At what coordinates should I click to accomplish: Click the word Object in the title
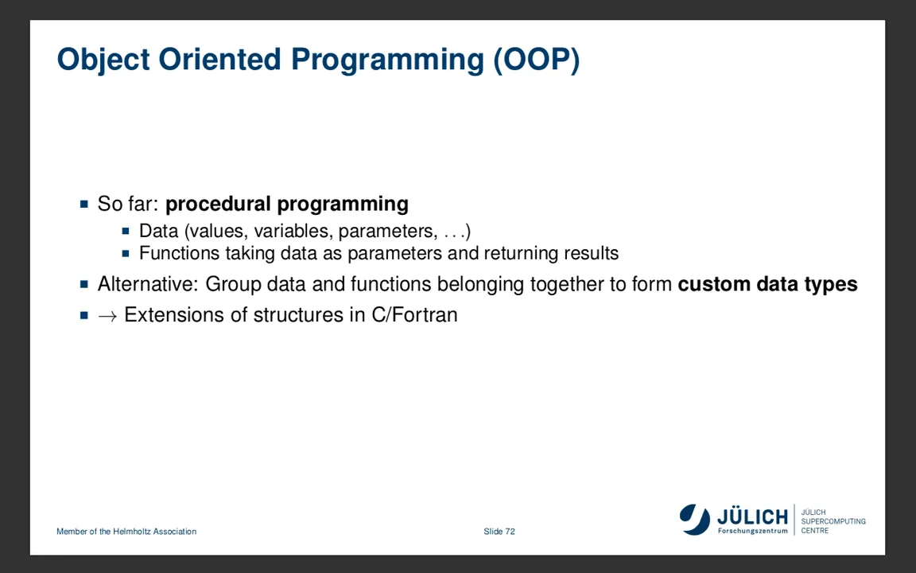click(103, 60)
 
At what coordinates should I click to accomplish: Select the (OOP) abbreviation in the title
click(536, 60)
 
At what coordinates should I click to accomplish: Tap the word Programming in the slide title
click(386, 60)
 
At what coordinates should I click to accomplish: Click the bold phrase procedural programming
click(286, 205)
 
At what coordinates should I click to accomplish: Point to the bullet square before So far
click(84, 204)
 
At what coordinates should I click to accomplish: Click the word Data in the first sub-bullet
click(158, 231)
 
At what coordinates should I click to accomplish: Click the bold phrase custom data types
click(767, 284)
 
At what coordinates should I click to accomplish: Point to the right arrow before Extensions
click(107, 315)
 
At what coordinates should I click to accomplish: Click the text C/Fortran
click(414, 315)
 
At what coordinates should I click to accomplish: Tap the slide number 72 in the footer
click(510, 532)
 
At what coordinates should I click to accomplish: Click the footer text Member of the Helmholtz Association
click(126, 532)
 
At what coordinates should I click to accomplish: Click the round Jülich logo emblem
click(694, 519)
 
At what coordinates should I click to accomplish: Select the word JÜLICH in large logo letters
click(752, 516)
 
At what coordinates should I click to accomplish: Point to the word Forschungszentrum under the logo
click(752, 531)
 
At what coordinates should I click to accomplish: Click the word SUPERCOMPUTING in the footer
click(833, 521)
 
